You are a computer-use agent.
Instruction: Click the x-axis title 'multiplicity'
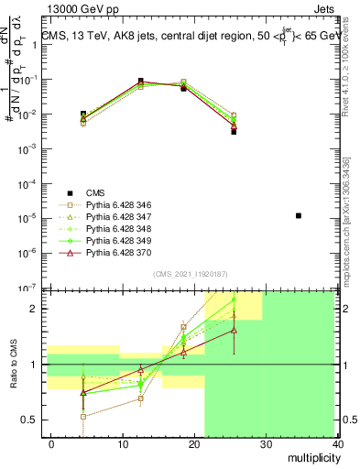click(x=313, y=457)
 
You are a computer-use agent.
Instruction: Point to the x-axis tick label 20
click(x=194, y=443)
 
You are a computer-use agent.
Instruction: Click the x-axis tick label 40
click(x=338, y=443)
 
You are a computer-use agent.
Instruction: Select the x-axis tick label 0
click(x=51, y=443)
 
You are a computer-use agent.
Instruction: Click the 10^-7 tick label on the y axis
click(x=27, y=287)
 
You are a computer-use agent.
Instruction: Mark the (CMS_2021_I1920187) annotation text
click(x=191, y=273)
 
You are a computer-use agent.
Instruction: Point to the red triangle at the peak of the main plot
click(x=140, y=82)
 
